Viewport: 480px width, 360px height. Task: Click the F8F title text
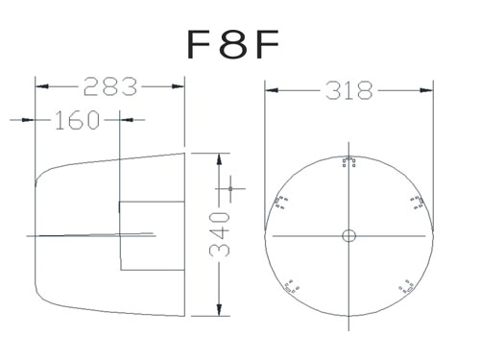[233, 44]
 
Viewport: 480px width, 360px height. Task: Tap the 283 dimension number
[110, 86]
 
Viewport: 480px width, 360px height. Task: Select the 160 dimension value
[77, 120]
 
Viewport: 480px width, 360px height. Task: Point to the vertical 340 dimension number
[220, 234]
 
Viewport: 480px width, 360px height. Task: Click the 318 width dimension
[349, 90]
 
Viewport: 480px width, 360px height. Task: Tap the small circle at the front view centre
[348, 236]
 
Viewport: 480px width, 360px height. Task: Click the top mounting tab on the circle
[348, 162]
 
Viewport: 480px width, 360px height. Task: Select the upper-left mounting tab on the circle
[280, 202]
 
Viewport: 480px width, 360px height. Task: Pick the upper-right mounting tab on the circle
[418, 203]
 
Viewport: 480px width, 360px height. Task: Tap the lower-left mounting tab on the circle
[292, 286]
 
